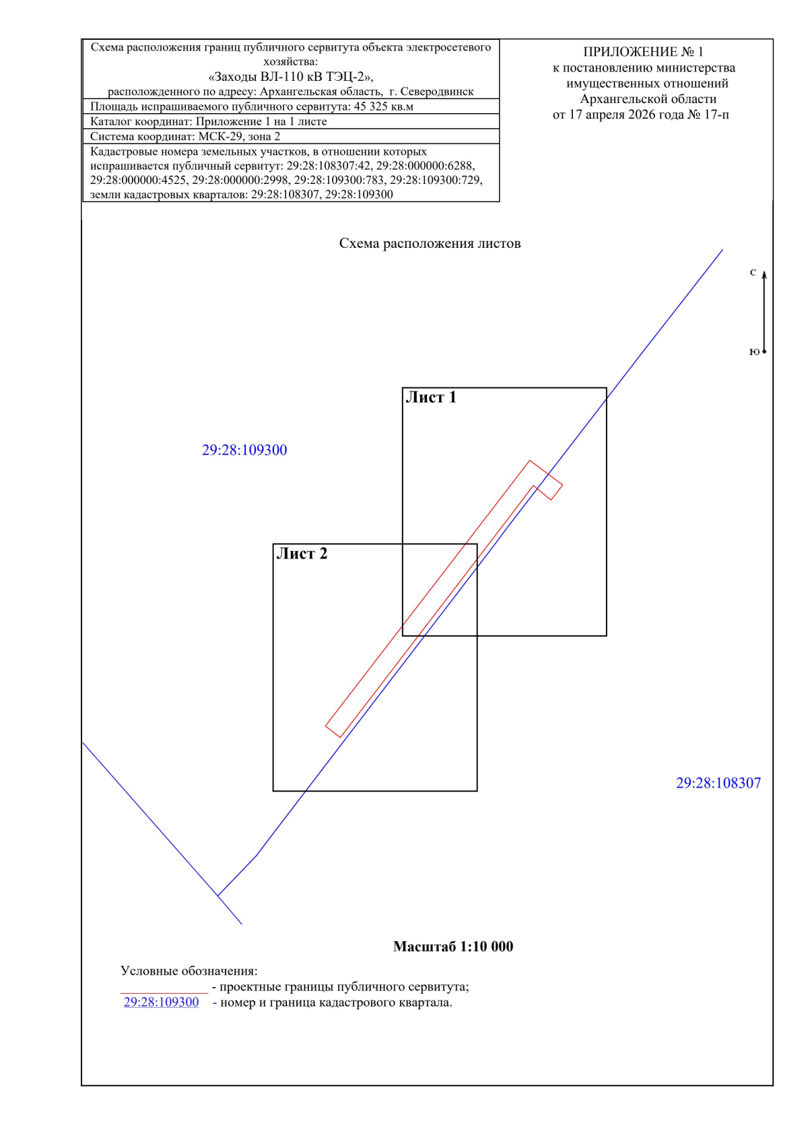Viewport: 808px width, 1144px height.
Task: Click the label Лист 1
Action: click(431, 398)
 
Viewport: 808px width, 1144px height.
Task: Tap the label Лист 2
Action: click(302, 554)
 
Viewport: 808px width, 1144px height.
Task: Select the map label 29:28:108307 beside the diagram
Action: click(718, 783)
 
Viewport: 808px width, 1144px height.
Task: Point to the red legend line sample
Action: click(164, 993)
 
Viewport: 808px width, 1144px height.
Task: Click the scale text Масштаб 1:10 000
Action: click(453, 947)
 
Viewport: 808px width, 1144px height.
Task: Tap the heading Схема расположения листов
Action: click(430, 244)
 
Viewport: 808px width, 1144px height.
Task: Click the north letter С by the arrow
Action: click(753, 272)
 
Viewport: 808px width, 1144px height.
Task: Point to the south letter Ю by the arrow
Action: click(754, 352)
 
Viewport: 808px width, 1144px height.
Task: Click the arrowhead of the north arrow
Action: click(764, 275)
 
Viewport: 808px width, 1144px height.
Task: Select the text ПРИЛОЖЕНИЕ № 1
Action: click(643, 52)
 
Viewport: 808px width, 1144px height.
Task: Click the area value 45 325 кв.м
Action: click(383, 106)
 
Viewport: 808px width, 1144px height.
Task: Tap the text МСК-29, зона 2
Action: click(240, 136)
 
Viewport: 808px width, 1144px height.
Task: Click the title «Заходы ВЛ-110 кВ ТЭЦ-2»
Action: click(290, 77)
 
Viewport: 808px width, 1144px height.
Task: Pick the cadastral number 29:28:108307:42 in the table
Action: click(328, 166)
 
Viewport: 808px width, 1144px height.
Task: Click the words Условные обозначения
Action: click(189, 971)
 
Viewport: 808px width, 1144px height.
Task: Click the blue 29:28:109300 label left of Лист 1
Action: click(244, 450)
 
